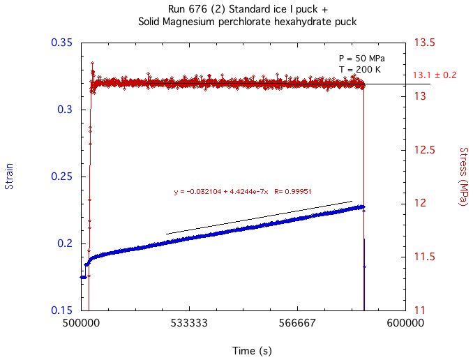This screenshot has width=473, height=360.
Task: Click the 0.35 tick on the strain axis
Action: tap(62, 43)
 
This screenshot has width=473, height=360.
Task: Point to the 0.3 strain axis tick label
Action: tap(66, 110)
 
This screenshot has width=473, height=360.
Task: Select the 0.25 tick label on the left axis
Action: tap(62, 177)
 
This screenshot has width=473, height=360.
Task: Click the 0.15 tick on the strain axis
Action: tap(62, 310)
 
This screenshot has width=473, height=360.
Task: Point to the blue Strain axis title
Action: tap(9, 177)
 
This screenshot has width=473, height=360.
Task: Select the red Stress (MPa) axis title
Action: tap(463, 177)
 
